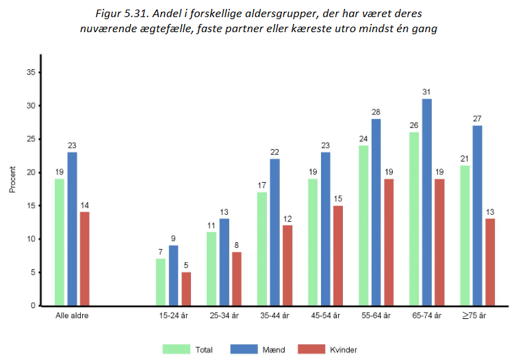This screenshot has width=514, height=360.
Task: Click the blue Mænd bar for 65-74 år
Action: pyautogui.click(x=427, y=202)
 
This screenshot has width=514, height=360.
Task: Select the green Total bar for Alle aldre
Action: pyautogui.click(x=60, y=242)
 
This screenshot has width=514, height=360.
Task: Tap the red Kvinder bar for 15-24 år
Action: pyautogui.click(x=186, y=288)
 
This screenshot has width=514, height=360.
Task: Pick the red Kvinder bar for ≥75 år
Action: pyautogui.click(x=490, y=261)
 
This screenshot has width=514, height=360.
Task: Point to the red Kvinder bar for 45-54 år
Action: pyautogui.click(x=338, y=255)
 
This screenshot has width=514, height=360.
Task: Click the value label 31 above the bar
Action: pyautogui.click(x=427, y=92)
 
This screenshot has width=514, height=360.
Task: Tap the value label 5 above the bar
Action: pyautogui.click(x=186, y=266)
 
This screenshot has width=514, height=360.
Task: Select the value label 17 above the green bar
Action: pyautogui.click(x=262, y=185)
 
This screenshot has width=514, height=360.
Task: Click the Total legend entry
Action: pyautogui.click(x=188, y=350)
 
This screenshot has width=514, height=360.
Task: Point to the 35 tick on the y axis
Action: pyautogui.click(x=31, y=73)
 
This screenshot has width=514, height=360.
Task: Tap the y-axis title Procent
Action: pyautogui.click(x=12, y=179)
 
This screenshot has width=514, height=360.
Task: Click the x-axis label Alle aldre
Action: pyautogui.click(x=72, y=316)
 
